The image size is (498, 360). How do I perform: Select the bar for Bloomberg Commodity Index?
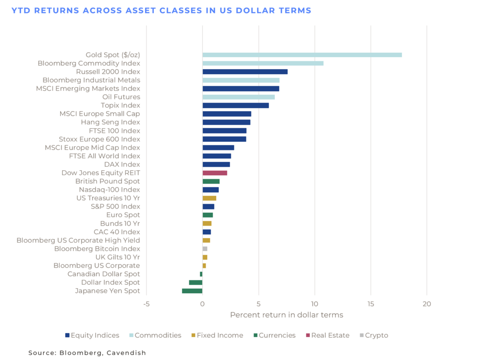tap(263, 63)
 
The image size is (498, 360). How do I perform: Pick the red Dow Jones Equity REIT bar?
tap(215, 173)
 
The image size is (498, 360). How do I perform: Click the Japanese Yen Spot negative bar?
tap(192, 291)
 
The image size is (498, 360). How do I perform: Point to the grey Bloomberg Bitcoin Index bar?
tap(205, 248)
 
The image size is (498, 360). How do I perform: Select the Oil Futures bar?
tap(239, 97)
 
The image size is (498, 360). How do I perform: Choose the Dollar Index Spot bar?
tap(196, 282)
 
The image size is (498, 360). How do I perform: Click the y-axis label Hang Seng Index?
tap(111, 122)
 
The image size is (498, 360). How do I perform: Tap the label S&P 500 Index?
tap(115, 207)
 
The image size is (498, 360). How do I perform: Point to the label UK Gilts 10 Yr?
tap(118, 257)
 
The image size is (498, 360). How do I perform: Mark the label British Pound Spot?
tap(108, 181)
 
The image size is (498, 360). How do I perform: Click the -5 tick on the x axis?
tap(146, 304)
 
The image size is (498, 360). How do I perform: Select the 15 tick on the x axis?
tap(371, 304)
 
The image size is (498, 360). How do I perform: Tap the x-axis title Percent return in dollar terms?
tap(286, 315)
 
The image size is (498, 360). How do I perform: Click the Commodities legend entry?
tap(158, 335)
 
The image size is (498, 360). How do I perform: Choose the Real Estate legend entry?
tap(330, 335)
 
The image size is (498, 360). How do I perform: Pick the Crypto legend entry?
tap(376, 335)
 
